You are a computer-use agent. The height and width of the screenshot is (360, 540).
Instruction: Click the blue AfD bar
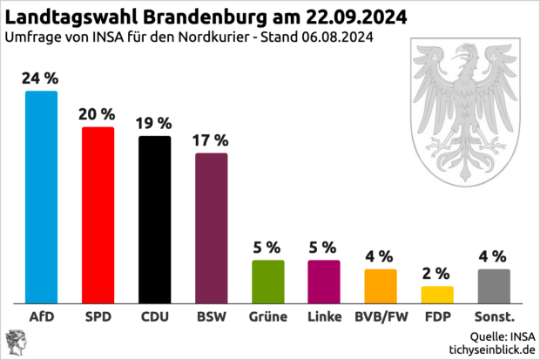(42, 196)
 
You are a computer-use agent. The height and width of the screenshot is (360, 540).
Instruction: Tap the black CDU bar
(155, 219)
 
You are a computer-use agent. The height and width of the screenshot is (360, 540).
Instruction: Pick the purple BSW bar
(212, 228)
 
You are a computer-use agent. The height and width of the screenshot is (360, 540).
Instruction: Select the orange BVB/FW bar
(381, 285)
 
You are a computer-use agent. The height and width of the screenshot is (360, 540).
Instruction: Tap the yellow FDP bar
(437, 294)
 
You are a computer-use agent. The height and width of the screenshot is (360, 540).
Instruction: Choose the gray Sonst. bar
(494, 285)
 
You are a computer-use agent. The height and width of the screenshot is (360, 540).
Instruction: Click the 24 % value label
(42, 78)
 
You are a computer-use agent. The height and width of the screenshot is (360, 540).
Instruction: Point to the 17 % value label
(212, 139)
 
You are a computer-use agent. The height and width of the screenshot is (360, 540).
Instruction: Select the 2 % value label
(437, 273)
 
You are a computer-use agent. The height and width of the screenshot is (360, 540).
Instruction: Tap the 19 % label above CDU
(155, 123)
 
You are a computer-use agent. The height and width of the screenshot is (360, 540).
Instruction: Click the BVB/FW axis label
(381, 316)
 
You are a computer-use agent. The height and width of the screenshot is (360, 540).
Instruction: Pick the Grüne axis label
(268, 316)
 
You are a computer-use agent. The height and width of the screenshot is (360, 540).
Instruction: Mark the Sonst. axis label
(494, 316)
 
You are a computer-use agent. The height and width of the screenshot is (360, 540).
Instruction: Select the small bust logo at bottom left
(15, 342)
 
